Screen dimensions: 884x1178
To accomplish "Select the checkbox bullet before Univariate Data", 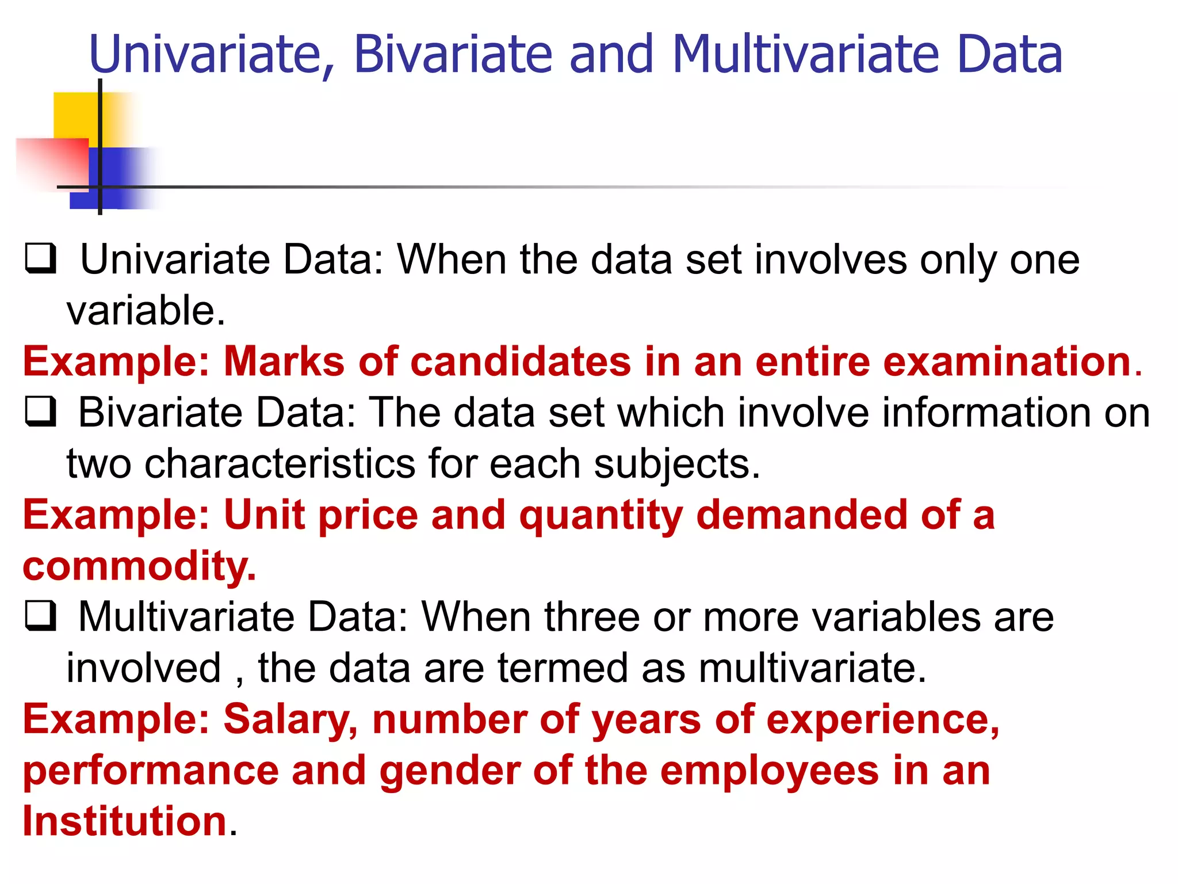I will click(x=41, y=258).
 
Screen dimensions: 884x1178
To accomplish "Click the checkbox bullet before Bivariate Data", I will click(x=41, y=412).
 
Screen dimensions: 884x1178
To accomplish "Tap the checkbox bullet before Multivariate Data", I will click(x=41, y=616).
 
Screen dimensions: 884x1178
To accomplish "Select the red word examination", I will click(x=1007, y=362).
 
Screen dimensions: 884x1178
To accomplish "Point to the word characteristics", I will click(x=280, y=464).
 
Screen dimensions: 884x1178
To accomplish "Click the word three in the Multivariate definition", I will click(x=592, y=617).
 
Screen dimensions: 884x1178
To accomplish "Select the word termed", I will click(x=562, y=668).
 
